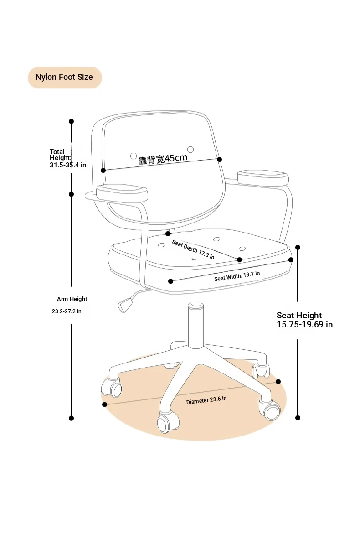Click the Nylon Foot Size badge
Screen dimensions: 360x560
pos(65,77)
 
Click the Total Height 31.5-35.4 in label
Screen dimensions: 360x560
pos(68,158)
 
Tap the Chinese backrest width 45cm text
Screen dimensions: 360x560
pos(163,159)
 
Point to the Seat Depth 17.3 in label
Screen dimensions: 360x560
pos(193,249)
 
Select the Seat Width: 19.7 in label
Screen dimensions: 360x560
pos(237,276)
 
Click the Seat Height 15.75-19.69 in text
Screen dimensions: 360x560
pos(304,320)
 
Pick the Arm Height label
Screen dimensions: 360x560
pos(72,299)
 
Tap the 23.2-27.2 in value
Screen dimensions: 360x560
pos(67,311)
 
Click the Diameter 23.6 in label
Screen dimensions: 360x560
pos(206,400)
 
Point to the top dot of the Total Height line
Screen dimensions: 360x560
pos(71,121)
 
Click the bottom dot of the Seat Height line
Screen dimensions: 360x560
pos(298,418)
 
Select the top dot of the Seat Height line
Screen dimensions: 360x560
pos(298,247)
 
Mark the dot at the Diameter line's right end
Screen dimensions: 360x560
pos(278,382)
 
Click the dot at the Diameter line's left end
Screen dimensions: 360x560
pos(105,404)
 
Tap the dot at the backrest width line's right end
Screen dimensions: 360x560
pos(219,159)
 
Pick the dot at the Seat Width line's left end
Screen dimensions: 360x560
pos(170,281)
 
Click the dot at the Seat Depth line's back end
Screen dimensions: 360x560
pos(168,233)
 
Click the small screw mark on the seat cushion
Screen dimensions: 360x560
pos(193,259)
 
